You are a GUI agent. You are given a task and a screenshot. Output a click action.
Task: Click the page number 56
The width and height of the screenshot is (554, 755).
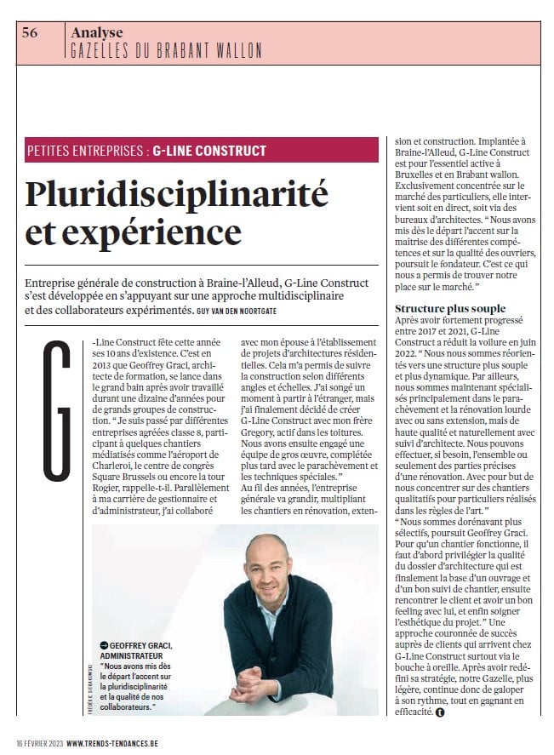tap(29, 33)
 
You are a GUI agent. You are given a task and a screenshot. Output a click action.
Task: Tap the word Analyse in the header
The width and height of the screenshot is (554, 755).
tap(97, 32)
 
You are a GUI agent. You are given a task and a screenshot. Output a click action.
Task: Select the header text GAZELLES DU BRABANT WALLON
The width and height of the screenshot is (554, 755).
tap(167, 51)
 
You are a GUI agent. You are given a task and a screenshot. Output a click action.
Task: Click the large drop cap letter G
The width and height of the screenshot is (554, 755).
tap(58, 409)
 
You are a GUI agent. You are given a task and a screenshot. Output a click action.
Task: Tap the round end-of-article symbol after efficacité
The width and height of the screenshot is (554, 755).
tap(439, 712)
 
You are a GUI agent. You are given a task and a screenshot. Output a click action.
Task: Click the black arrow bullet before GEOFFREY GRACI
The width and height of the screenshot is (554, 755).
tap(104, 645)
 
